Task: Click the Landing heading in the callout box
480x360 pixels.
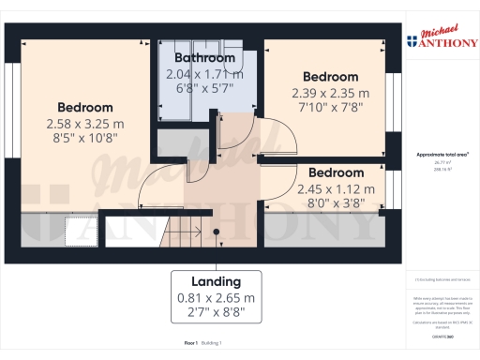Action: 216,281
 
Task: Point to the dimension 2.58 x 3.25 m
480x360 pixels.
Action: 84,123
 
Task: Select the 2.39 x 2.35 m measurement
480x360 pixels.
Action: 329,92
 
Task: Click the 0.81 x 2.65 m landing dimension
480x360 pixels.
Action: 216,298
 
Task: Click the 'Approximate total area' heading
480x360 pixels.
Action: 442,153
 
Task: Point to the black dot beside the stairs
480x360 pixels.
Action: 216,232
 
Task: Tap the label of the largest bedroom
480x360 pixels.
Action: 84,107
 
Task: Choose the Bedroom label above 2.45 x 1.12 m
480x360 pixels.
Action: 336,172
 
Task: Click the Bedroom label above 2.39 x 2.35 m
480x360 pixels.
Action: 329,76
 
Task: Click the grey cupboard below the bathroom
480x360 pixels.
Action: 170,144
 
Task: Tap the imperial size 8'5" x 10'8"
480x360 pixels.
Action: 84,138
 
